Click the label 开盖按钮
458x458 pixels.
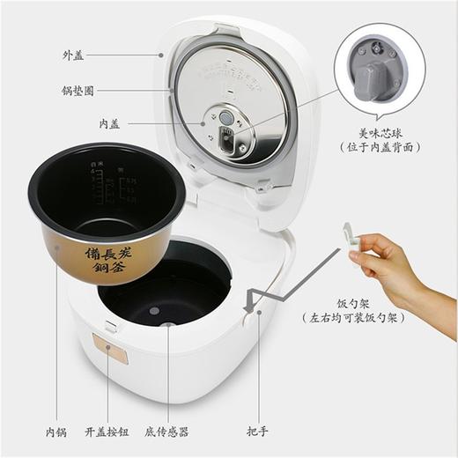(109, 432)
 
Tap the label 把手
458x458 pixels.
(257, 432)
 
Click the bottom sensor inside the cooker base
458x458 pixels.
(155, 310)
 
